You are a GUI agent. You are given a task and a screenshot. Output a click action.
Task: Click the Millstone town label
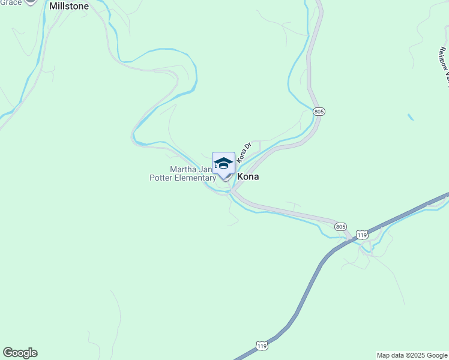coord(69,6)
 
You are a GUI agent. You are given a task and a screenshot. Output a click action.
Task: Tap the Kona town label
coord(249,177)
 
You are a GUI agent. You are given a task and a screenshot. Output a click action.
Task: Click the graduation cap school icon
coord(223,163)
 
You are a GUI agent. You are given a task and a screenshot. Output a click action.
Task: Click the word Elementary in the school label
coord(196,178)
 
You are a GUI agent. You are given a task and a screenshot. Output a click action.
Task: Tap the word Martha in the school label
coord(183,169)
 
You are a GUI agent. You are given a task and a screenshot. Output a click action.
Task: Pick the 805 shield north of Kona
coord(319,112)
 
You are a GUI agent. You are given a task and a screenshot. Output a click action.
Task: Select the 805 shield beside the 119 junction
coord(341,226)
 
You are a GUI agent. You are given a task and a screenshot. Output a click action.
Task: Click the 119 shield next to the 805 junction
coord(361,235)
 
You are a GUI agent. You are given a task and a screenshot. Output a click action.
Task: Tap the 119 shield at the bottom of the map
coord(261,346)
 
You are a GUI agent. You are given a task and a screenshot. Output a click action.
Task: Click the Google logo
coord(20,353)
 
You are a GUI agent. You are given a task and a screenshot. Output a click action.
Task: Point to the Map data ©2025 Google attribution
coord(412,355)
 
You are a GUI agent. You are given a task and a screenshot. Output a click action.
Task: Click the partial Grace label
coord(11,2)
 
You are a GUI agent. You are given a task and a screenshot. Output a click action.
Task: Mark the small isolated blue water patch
coord(411,117)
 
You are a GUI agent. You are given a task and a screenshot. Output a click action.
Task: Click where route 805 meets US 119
coord(351,239)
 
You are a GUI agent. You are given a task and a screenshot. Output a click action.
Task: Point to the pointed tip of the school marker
coord(224,180)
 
